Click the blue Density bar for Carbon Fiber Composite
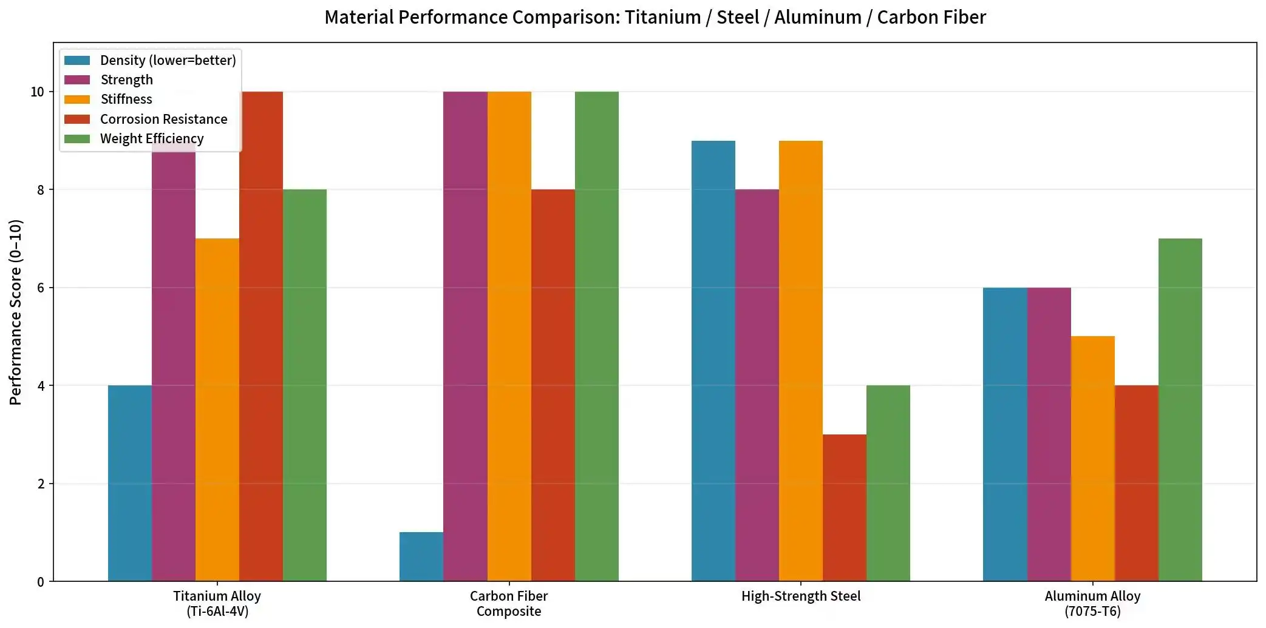click(421, 556)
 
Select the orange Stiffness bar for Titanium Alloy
click(217, 410)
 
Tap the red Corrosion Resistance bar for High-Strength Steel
click(844, 508)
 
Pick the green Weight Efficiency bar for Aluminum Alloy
click(1180, 410)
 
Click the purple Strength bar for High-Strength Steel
click(757, 385)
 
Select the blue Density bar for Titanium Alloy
click(130, 483)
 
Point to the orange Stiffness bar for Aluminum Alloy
click(1092, 459)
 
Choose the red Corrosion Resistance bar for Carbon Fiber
click(553, 385)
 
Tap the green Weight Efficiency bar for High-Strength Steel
click(888, 483)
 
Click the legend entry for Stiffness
click(126, 100)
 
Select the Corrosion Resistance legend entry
click(163, 119)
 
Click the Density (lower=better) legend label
click(168, 60)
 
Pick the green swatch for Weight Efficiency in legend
click(77, 139)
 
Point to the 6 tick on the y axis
click(41, 288)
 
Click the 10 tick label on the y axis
click(38, 92)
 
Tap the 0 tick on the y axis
click(41, 582)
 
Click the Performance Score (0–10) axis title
click(16, 312)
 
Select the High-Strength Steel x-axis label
click(800, 596)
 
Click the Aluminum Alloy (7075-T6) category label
click(1092, 604)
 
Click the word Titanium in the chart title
click(662, 17)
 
